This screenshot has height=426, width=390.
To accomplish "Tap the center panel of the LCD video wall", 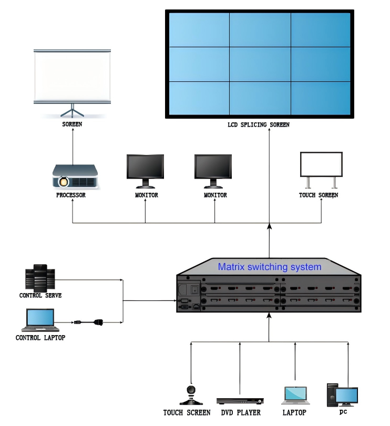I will (260, 64).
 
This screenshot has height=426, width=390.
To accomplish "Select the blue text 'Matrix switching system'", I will (269, 267).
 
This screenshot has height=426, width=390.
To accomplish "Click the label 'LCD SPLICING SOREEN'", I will (259, 125).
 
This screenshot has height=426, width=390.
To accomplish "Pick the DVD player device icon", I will (240, 401).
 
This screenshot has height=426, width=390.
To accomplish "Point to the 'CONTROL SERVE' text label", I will (40, 296).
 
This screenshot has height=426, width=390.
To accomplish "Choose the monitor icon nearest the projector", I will (145, 171).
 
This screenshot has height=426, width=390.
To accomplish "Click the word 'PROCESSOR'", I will (71, 195).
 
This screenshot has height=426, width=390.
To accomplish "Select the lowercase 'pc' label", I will (344, 411).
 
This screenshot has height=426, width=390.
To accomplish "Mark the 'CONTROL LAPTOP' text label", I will (40, 338).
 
